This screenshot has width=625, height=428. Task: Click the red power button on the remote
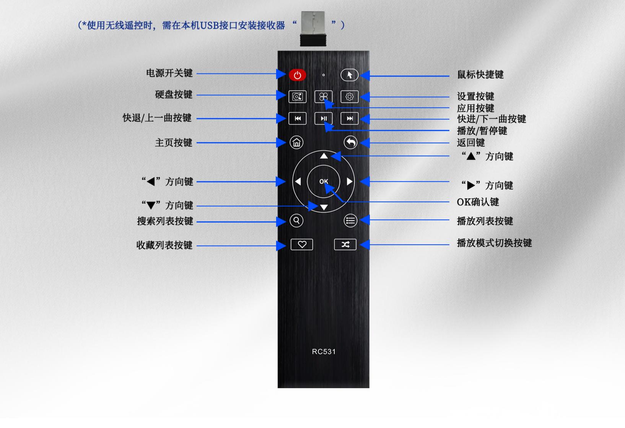tap(298, 75)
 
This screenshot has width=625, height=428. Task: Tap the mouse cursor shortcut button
tap(349, 75)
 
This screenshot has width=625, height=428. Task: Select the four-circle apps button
tap(323, 97)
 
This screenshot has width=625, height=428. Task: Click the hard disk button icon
tap(298, 97)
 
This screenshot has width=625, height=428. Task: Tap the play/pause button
tap(323, 119)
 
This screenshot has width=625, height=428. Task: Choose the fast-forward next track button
tap(350, 119)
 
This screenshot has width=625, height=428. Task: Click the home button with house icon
tap(296, 143)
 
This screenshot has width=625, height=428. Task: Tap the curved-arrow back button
tap(350, 143)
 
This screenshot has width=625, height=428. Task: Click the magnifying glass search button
tap(296, 221)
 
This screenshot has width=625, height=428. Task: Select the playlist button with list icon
tap(350, 221)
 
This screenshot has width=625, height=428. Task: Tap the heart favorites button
tap(302, 245)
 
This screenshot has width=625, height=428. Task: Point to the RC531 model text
tap(324, 352)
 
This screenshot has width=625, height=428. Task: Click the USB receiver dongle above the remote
tap(313, 28)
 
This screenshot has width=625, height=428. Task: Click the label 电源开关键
tap(169, 73)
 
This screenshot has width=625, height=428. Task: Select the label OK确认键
tap(478, 202)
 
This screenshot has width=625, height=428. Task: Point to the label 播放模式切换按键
tap(495, 243)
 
